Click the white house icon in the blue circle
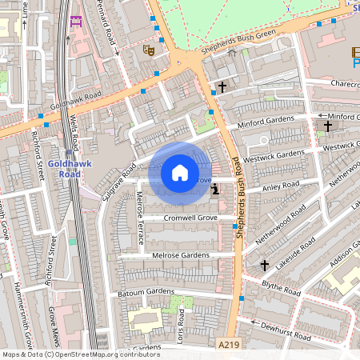[x=180, y=172]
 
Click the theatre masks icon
[x=147, y=50]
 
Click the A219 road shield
[x=229, y=344]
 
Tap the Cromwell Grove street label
[x=190, y=218]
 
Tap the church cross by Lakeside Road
[x=265, y=265]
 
